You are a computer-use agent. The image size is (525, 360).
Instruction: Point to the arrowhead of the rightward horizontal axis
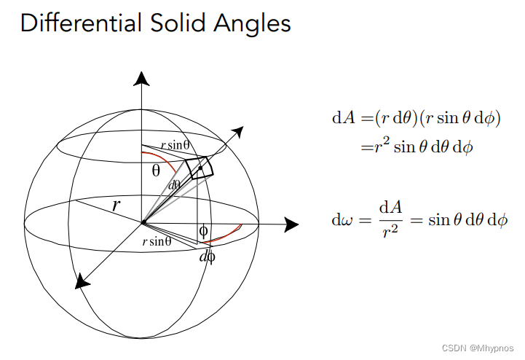tap(291, 224)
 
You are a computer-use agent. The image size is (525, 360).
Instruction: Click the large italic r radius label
tap(116, 205)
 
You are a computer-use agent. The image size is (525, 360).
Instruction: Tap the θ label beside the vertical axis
tap(156, 171)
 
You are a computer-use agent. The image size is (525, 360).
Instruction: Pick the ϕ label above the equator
tap(203, 231)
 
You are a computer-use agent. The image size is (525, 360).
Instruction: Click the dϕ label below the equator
tap(207, 256)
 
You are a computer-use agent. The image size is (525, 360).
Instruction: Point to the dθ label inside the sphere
tap(175, 184)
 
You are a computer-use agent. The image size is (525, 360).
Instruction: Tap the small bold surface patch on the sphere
tap(200, 167)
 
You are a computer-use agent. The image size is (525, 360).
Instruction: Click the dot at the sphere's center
tap(143, 222)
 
